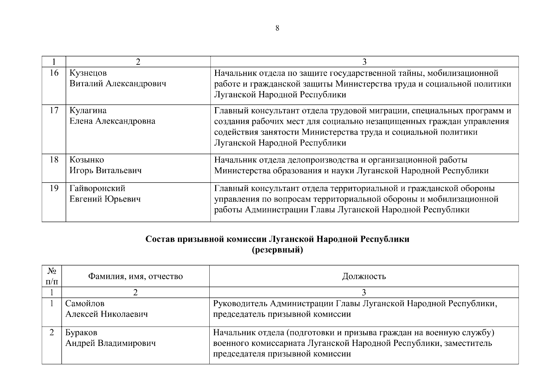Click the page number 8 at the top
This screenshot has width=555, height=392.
pos(277,28)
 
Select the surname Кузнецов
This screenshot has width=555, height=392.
pos(88,73)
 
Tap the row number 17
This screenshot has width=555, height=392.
pos(54,110)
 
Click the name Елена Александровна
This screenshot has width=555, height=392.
pos(112,121)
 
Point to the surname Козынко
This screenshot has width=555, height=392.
pos(87,160)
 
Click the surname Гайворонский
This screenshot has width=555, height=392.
pos(97,188)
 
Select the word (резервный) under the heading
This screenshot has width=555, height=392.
pos(277,250)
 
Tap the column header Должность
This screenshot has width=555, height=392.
pos(364,276)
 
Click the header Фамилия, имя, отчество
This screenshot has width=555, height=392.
pos(135,276)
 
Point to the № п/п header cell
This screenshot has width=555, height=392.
pos(52,276)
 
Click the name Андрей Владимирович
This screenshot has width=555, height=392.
pos(111,343)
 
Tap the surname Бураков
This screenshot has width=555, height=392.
pos(81,333)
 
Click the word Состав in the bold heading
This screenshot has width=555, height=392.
pos(160,239)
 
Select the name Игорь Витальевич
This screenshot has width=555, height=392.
pos(105,171)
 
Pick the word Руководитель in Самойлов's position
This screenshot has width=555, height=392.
pos(240,303)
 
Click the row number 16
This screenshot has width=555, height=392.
pos(54,73)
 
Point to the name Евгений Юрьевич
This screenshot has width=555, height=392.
pos(105,199)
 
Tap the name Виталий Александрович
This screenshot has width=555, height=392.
pos(118,84)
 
